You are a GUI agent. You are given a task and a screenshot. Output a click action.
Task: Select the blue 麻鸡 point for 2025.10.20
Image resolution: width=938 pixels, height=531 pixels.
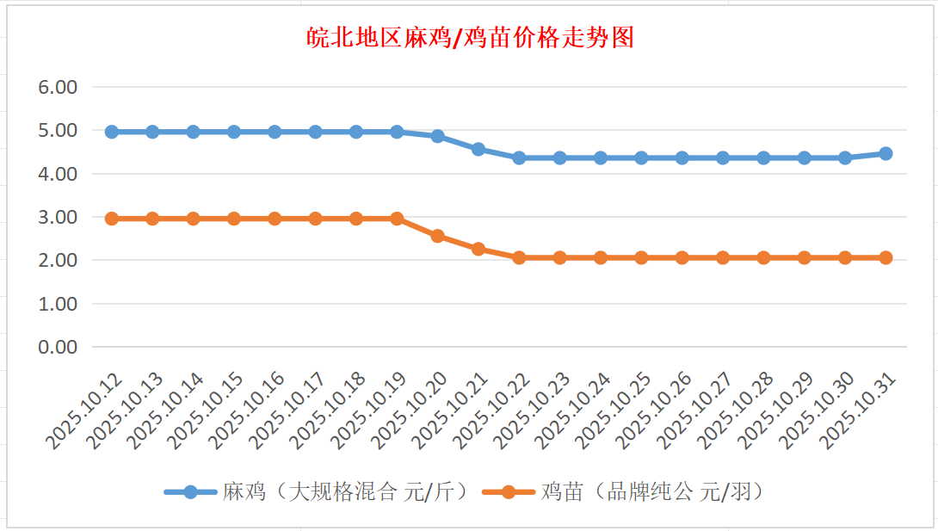coord(437,136)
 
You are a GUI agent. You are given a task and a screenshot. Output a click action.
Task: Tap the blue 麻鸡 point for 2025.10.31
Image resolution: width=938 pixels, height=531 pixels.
coord(886,153)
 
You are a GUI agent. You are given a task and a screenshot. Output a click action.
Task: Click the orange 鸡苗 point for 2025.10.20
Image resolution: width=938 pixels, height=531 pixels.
coord(437,236)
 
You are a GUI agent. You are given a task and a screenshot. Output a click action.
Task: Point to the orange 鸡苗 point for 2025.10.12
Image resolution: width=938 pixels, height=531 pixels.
coord(112,219)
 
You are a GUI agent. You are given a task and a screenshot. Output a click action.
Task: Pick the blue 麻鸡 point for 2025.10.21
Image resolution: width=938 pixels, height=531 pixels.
coord(478,149)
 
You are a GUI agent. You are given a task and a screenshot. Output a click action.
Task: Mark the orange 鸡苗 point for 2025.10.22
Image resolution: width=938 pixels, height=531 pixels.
coord(519,257)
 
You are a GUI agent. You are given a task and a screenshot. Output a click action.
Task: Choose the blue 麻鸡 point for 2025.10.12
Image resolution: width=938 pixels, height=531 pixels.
coord(112,132)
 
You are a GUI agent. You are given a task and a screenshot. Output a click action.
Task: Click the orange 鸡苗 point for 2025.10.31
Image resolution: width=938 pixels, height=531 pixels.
coord(886,257)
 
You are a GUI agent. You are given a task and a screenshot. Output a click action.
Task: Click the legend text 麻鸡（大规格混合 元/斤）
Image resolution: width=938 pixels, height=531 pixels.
coord(344,492)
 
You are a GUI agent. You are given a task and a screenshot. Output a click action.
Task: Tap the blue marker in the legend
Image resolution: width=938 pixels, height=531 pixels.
coord(190,492)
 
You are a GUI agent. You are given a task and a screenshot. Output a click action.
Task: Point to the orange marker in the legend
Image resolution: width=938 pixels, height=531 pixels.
coord(509,492)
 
